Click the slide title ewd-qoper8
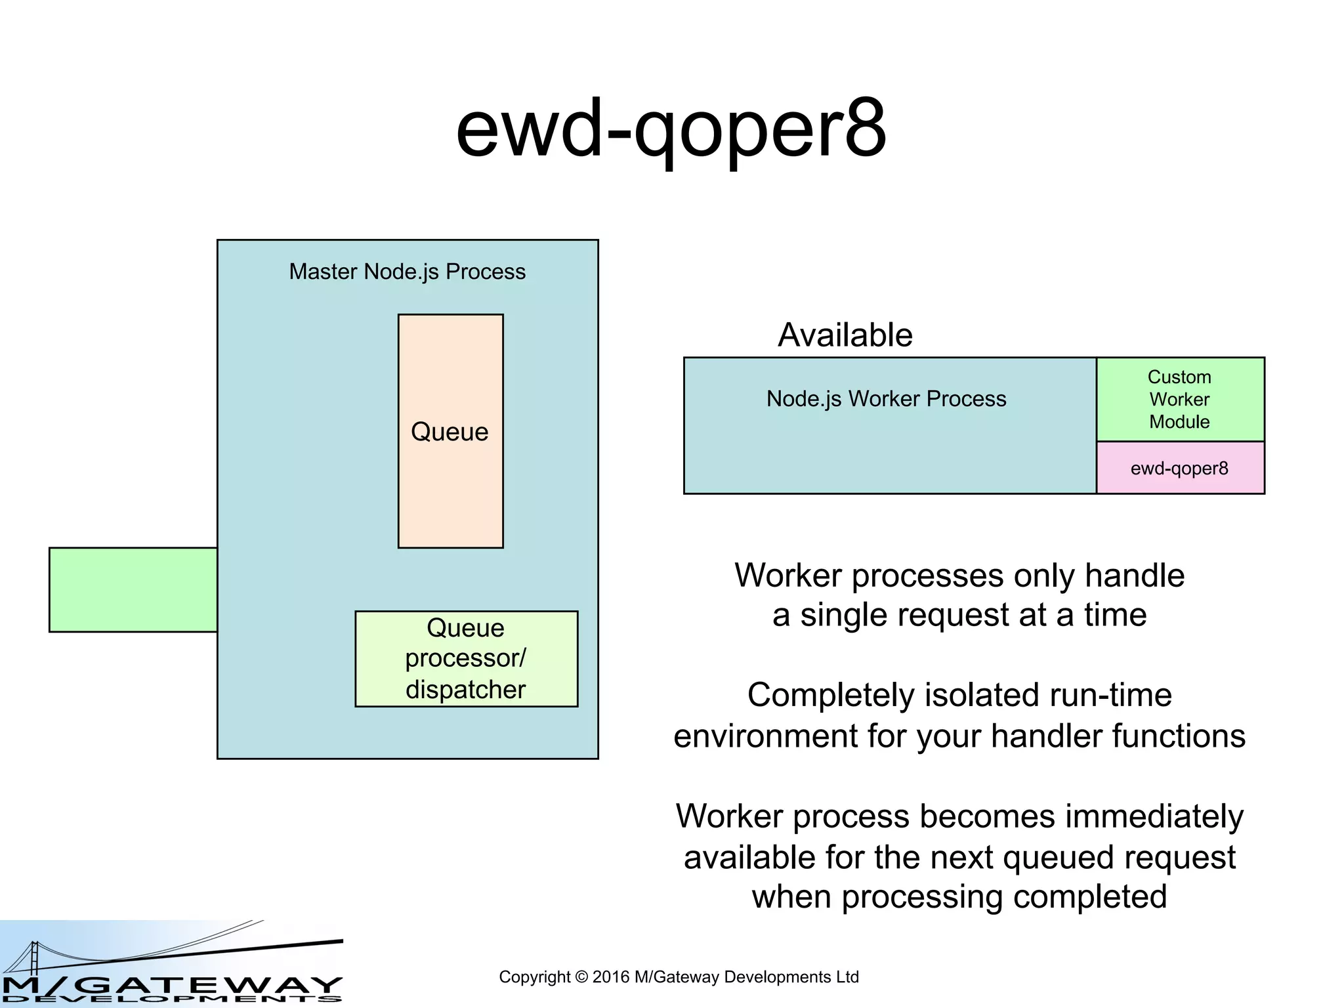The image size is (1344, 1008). coord(671,129)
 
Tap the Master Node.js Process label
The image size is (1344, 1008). coord(407,272)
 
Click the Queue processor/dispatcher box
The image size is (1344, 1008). coord(466,658)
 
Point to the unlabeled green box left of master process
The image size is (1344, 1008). coord(133,589)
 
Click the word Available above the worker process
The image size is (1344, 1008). coord(845,335)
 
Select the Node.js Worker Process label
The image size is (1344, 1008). coord(886,399)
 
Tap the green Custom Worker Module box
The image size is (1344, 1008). coord(1179,399)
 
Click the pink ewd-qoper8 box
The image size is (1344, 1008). coord(1179,469)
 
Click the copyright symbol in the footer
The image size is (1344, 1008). coord(581,977)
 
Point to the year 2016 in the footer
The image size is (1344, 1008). coord(610,977)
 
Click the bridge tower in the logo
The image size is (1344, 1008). coord(34,958)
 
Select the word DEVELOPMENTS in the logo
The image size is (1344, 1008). coord(171,999)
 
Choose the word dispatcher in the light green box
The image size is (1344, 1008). coord(465,690)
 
